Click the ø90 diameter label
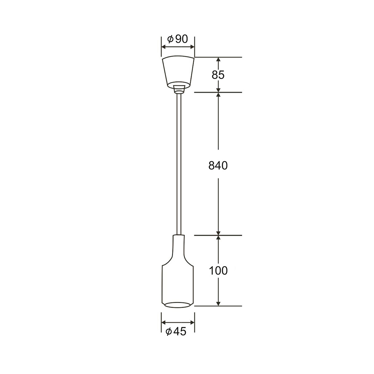click(178, 39)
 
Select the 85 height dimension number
click(218, 75)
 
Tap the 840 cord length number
click(218, 166)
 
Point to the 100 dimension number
click(218, 271)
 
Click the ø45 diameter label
click(176, 332)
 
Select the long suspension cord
click(179, 164)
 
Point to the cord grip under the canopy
click(179, 89)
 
